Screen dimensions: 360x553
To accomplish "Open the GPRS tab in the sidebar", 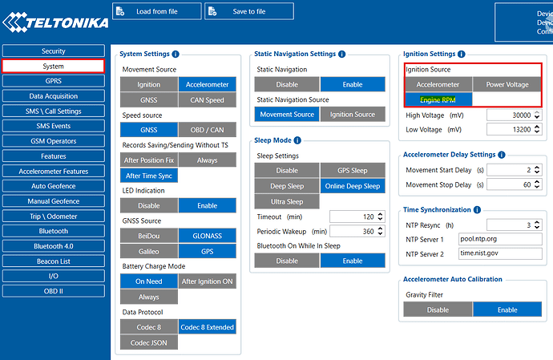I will [53, 80].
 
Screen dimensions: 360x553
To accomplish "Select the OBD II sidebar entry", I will [53, 291].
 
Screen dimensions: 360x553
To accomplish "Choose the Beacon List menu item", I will [53, 261].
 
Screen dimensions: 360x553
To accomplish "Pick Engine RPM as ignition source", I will [438, 99].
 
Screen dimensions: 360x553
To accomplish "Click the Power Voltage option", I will [507, 84].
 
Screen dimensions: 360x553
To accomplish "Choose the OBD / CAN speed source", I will [206, 130].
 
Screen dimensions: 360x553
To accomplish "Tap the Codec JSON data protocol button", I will [148, 342].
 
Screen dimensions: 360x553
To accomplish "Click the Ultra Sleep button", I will [287, 201].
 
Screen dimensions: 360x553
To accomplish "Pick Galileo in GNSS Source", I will [148, 251].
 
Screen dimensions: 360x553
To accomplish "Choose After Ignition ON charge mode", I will [206, 281].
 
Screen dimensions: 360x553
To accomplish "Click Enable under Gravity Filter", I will [507, 309].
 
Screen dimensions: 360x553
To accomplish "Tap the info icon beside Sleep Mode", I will [297, 140].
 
